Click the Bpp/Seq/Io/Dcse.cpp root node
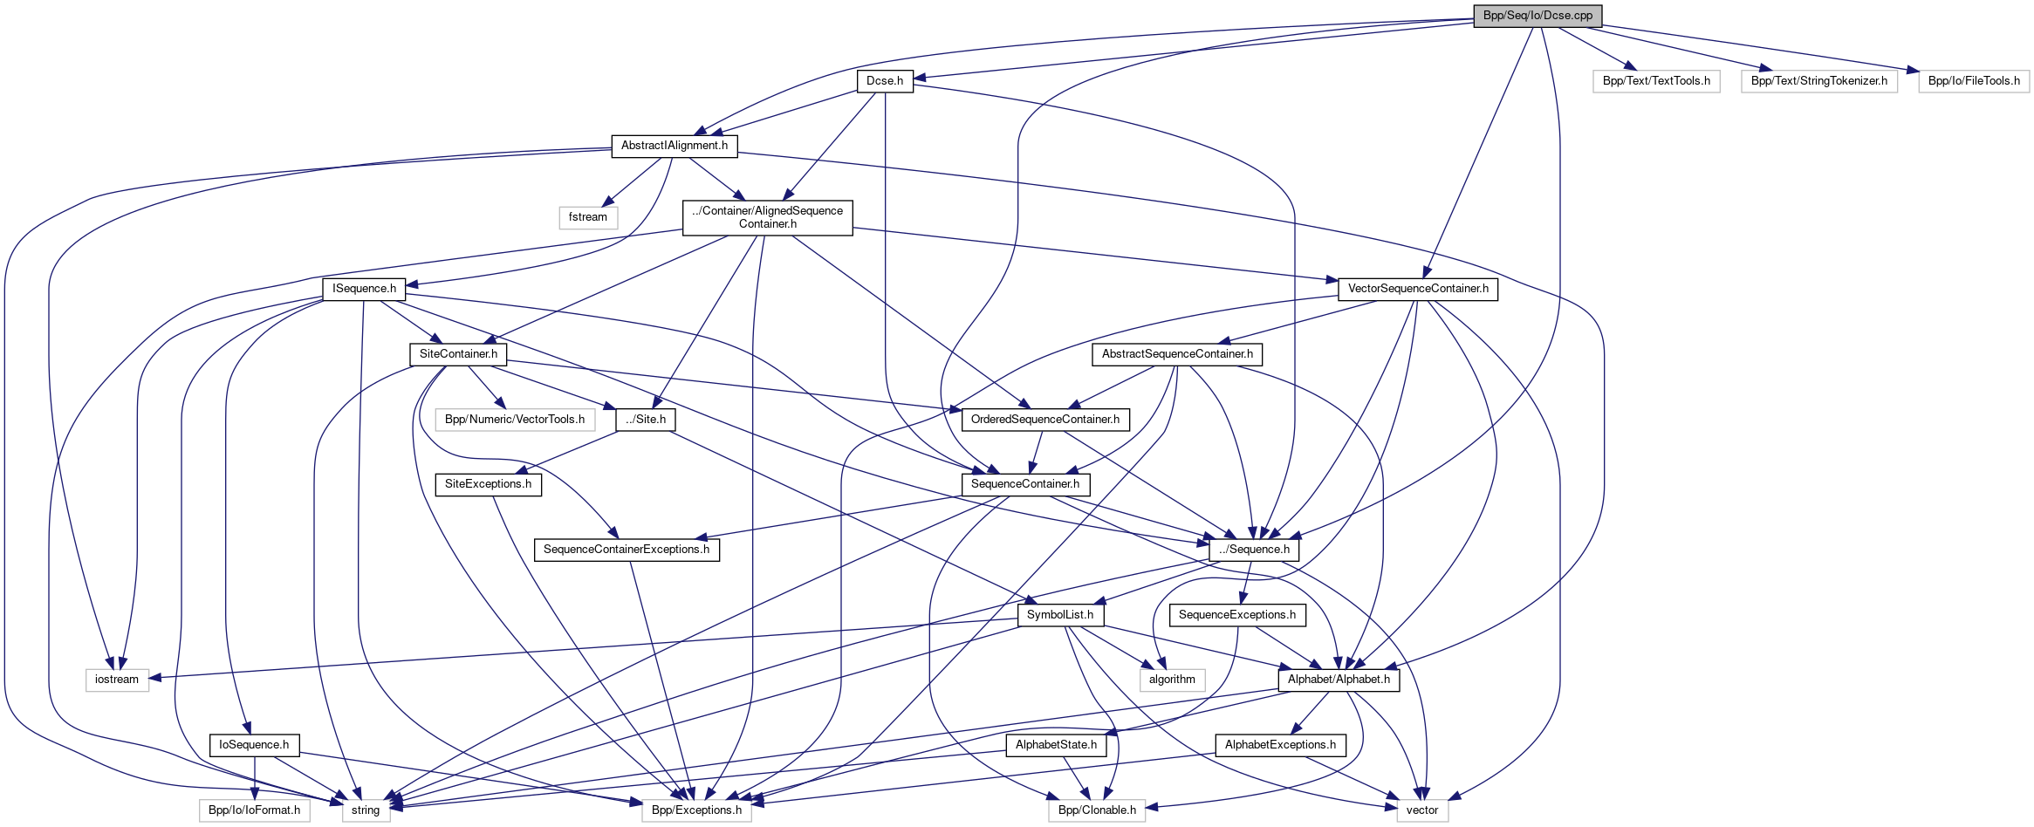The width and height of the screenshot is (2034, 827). pyautogui.click(x=1537, y=16)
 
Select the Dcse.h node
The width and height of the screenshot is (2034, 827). pyautogui.click(x=885, y=81)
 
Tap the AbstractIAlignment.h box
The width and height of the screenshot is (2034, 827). pyautogui.click(x=674, y=146)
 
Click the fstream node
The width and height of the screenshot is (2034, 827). pyautogui.click(x=588, y=217)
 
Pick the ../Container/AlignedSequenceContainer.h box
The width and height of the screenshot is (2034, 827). pyautogui.click(x=767, y=217)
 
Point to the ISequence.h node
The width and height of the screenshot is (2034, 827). pyautogui.click(x=364, y=289)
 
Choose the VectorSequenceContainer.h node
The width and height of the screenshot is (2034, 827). pyautogui.click(x=1418, y=289)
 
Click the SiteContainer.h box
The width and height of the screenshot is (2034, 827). pyautogui.click(x=458, y=354)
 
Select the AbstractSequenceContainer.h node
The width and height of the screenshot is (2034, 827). pyautogui.click(x=1177, y=354)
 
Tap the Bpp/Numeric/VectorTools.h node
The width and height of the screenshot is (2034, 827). pyautogui.click(x=515, y=420)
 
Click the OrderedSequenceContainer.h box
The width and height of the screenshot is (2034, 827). pyautogui.click(x=1045, y=420)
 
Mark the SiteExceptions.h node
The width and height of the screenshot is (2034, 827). pyautogui.click(x=488, y=484)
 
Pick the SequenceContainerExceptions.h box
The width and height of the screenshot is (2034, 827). pyautogui.click(x=627, y=550)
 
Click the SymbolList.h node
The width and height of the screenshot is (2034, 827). pyautogui.click(x=1060, y=615)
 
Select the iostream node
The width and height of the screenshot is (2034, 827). pyautogui.click(x=117, y=680)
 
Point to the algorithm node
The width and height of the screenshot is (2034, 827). pyautogui.click(x=1172, y=680)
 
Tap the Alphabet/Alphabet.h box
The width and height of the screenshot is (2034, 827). pyautogui.click(x=1339, y=680)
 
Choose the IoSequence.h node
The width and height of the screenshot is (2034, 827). pyautogui.click(x=254, y=745)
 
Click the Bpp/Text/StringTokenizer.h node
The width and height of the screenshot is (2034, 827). pyautogui.click(x=1819, y=81)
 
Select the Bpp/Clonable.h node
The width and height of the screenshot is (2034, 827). pyautogui.click(x=1097, y=810)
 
